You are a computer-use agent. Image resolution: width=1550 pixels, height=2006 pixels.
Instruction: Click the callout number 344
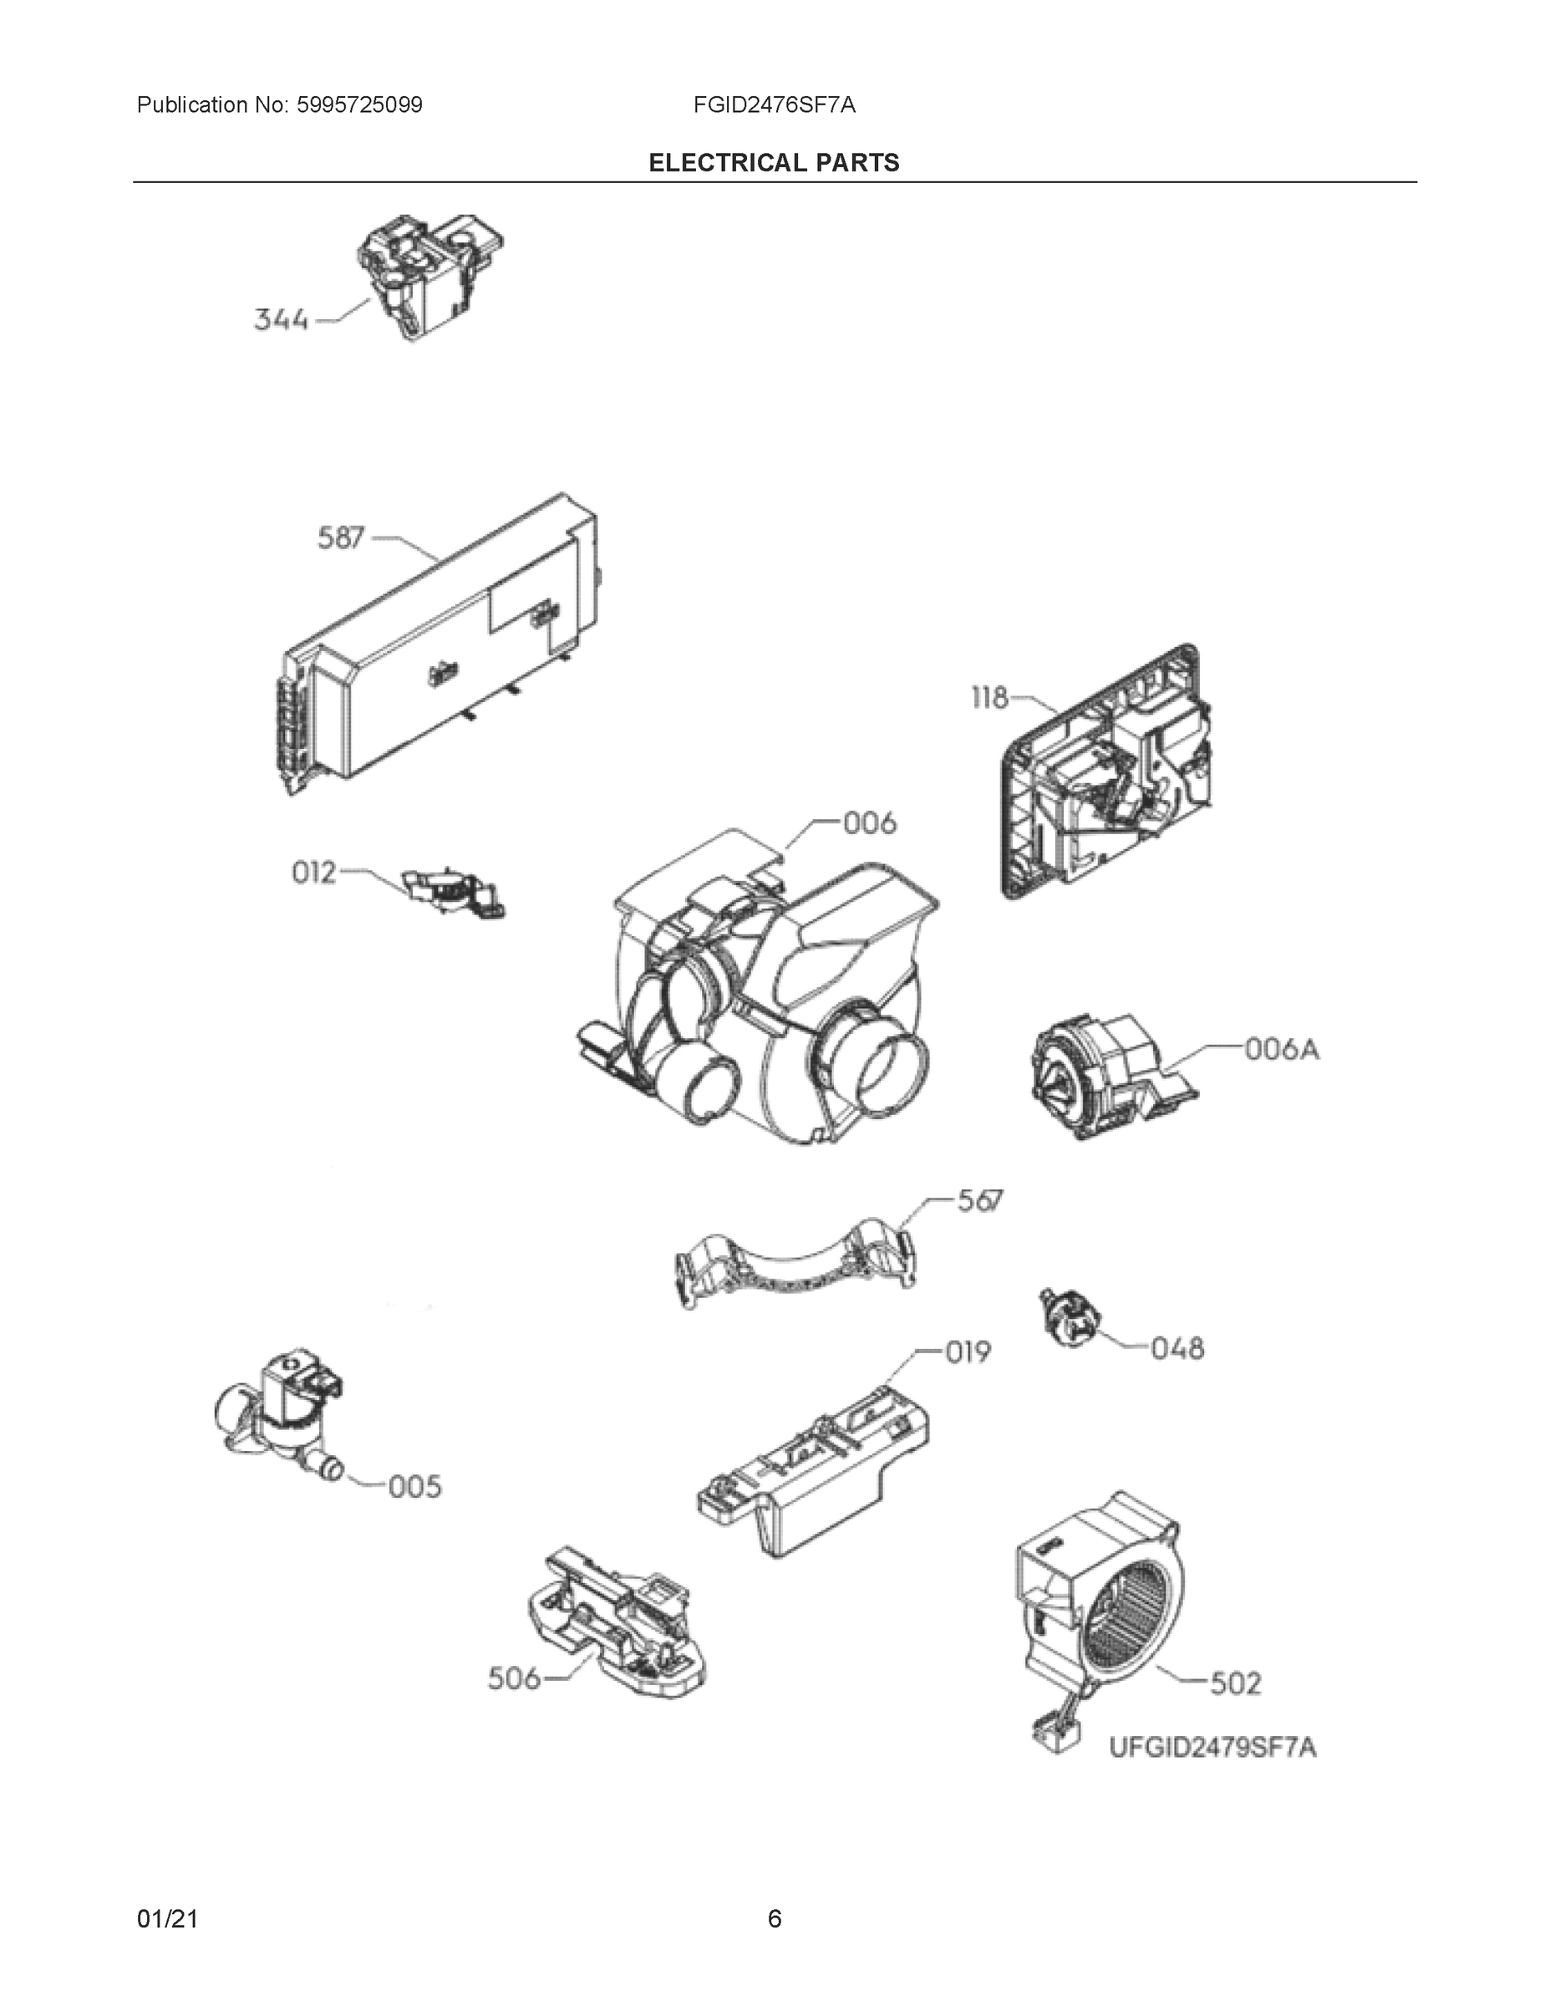point(280,321)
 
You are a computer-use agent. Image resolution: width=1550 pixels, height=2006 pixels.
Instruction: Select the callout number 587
point(341,537)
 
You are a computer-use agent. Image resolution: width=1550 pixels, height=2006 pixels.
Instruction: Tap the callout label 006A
point(1282,1049)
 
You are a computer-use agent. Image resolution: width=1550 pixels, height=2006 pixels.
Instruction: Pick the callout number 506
point(513,1679)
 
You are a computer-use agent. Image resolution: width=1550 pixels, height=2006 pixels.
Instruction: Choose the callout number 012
point(314,873)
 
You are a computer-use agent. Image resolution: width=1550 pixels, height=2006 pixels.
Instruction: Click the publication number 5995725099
point(358,105)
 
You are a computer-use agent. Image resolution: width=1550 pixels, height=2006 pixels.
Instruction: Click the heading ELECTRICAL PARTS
point(774,163)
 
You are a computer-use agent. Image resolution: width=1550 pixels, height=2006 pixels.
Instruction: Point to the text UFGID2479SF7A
point(1212,1747)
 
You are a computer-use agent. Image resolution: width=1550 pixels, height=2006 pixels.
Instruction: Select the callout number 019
point(968,1352)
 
